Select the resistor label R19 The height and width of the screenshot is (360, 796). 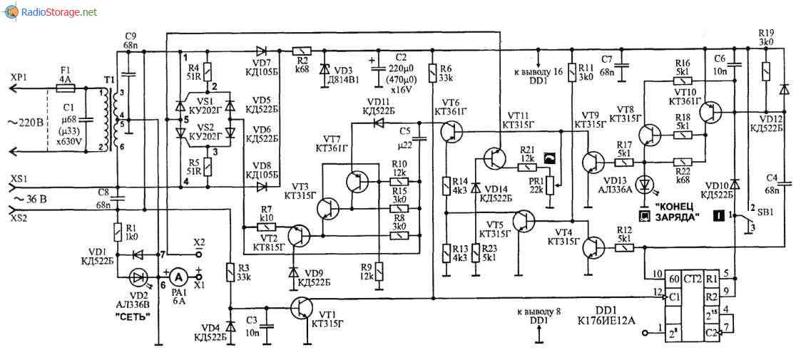[766, 32]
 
